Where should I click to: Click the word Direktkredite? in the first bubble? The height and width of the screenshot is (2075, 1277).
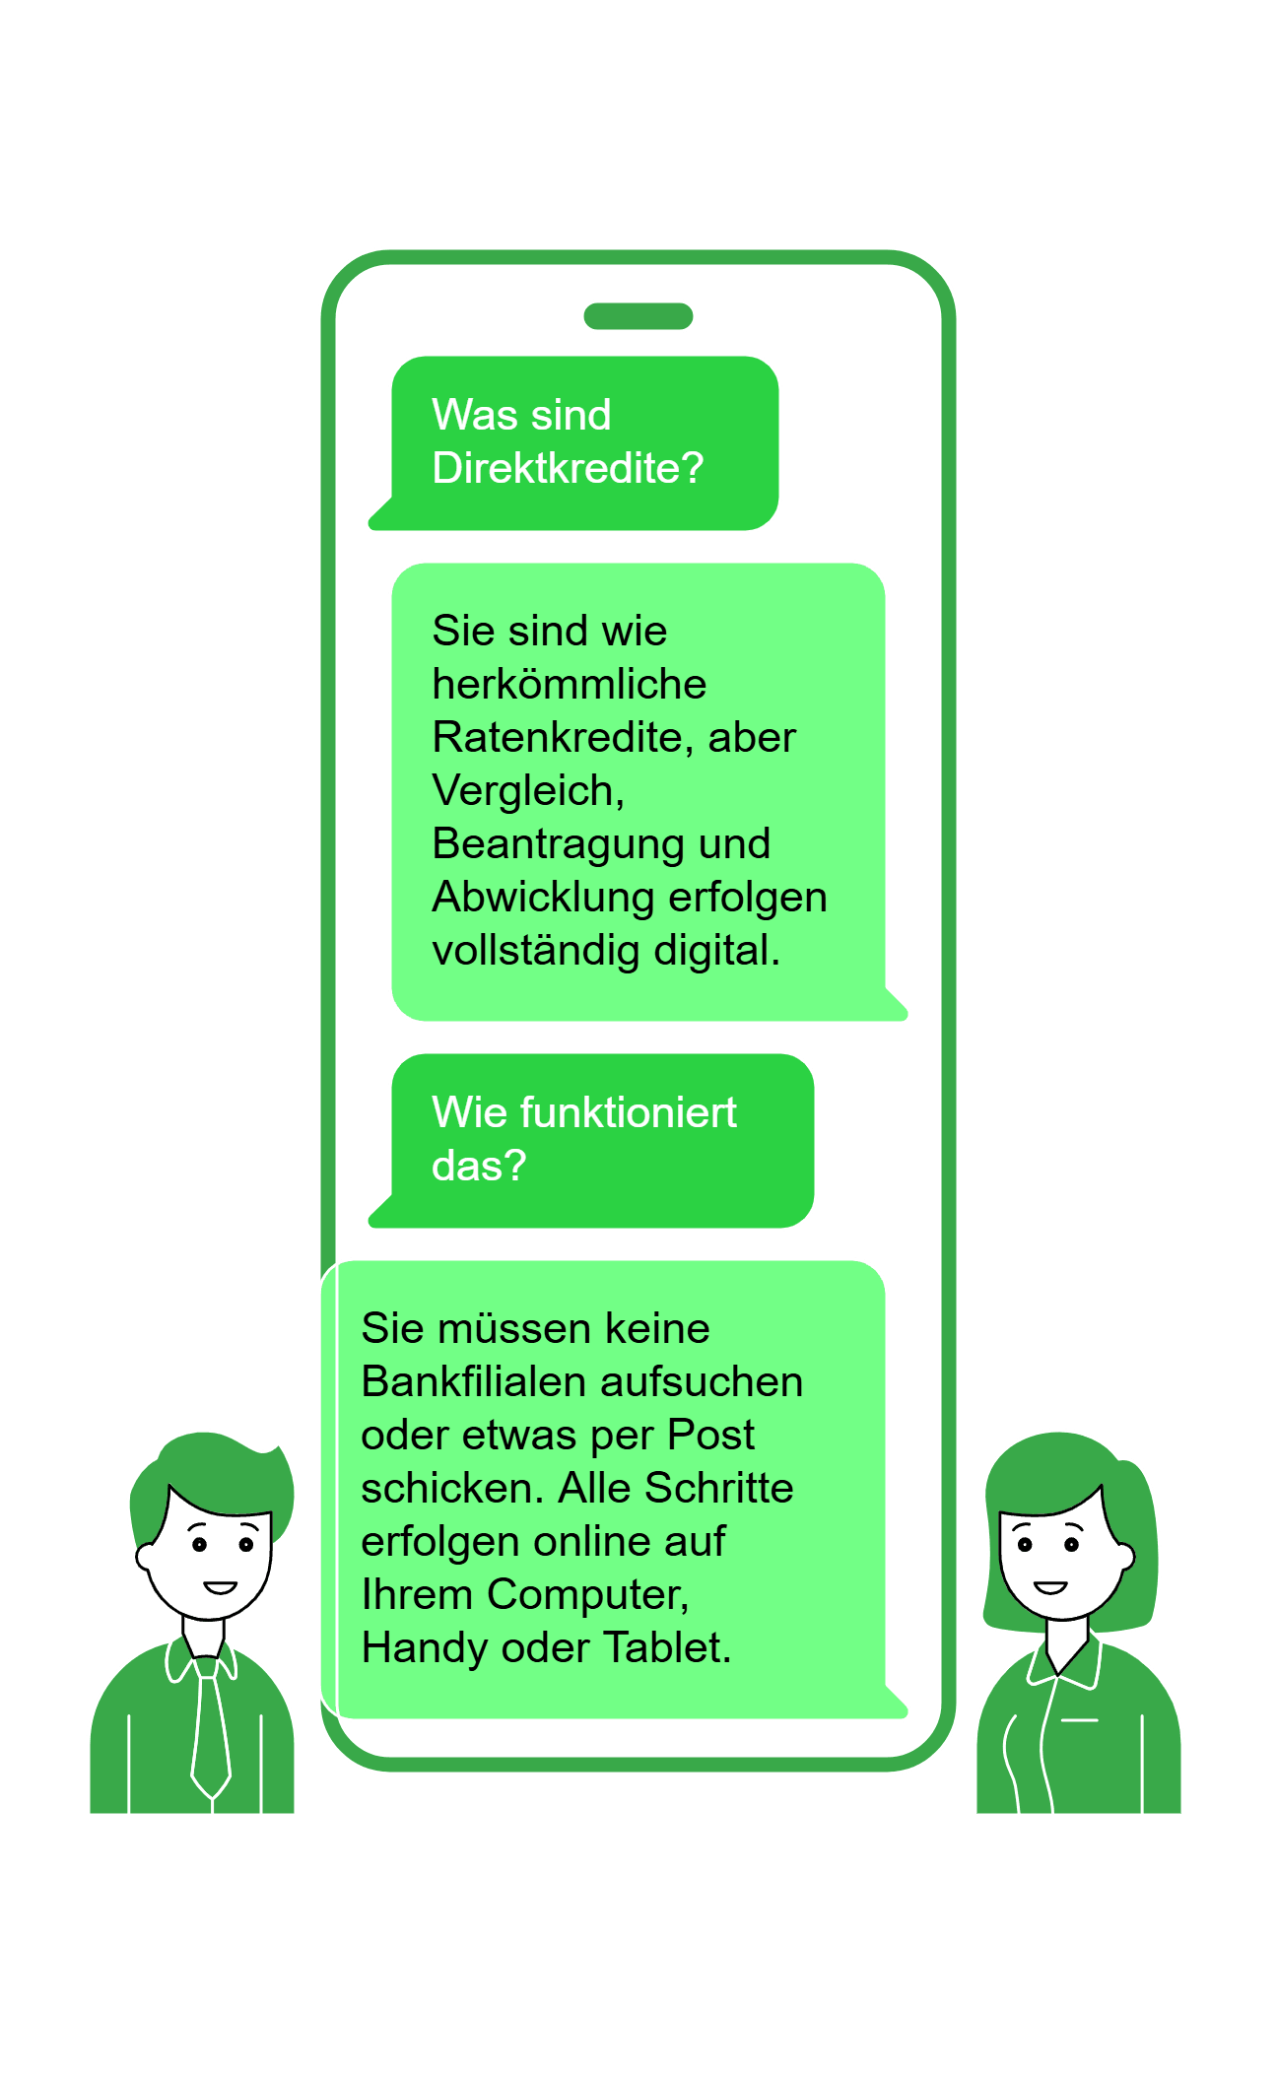pyautogui.click(x=568, y=468)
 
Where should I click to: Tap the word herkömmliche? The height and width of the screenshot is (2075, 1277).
pyautogui.click(x=569, y=684)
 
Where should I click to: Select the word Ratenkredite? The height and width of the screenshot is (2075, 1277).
pyautogui.click(x=555, y=737)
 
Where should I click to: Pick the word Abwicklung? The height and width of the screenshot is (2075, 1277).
pyautogui.click(x=543, y=897)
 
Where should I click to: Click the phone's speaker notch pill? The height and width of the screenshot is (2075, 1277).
pyautogui.click(x=638, y=316)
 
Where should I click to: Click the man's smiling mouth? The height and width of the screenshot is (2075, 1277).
pyautogui.click(x=220, y=1587)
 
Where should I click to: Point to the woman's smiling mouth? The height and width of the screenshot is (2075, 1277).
pyautogui.click(x=1050, y=1587)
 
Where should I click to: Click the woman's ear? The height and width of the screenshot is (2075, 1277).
pyautogui.click(x=1126, y=1557)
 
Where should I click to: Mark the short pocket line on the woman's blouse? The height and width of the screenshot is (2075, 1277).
pyautogui.click(x=1080, y=1720)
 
